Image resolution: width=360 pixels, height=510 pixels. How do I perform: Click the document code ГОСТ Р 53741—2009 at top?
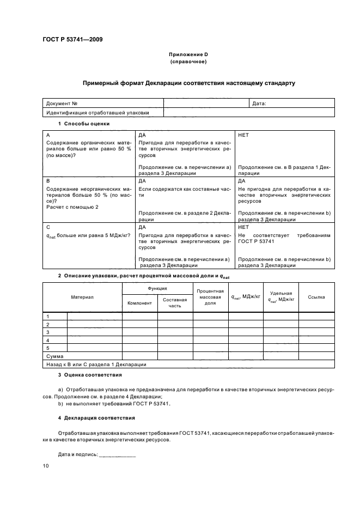(x=72, y=39)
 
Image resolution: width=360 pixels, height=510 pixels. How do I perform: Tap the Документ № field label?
(x=62, y=103)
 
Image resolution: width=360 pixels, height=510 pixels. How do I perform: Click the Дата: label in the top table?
(x=259, y=103)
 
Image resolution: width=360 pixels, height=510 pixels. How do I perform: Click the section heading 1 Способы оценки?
(x=84, y=124)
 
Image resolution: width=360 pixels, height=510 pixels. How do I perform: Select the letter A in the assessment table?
(x=48, y=135)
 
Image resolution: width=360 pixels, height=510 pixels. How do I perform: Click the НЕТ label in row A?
(x=243, y=135)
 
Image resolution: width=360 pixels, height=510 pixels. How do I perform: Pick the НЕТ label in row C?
(x=243, y=227)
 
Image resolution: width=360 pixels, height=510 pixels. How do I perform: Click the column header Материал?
(x=82, y=297)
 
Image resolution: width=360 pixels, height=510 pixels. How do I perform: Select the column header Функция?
(x=157, y=288)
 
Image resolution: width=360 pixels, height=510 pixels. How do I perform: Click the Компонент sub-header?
(x=140, y=302)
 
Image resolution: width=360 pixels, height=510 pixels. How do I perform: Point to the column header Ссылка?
(x=316, y=297)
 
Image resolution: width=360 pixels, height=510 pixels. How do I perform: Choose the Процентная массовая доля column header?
(x=211, y=297)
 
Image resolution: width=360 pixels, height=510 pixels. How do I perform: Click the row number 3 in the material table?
(x=48, y=332)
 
